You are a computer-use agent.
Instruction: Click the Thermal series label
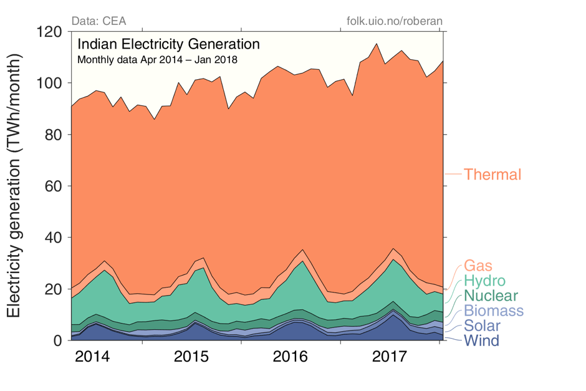tap(492, 175)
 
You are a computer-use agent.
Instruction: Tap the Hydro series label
tap(484, 281)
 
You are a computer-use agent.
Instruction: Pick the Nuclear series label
tap(490, 296)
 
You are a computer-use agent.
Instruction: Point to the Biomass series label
tap(492, 311)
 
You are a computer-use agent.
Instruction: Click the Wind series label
tap(481, 340)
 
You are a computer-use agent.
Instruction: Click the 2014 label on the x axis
tap(92, 358)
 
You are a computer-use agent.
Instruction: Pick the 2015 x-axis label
tap(191, 358)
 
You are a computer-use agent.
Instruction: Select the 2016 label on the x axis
tap(291, 358)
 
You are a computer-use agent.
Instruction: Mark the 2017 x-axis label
tap(390, 358)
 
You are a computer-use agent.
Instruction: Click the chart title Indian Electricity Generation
tap(168, 45)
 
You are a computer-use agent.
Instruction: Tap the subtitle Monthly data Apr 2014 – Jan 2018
tap(157, 60)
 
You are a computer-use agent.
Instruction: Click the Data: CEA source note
tap(99, 21)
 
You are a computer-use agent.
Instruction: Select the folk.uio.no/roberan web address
tap(394, 21)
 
